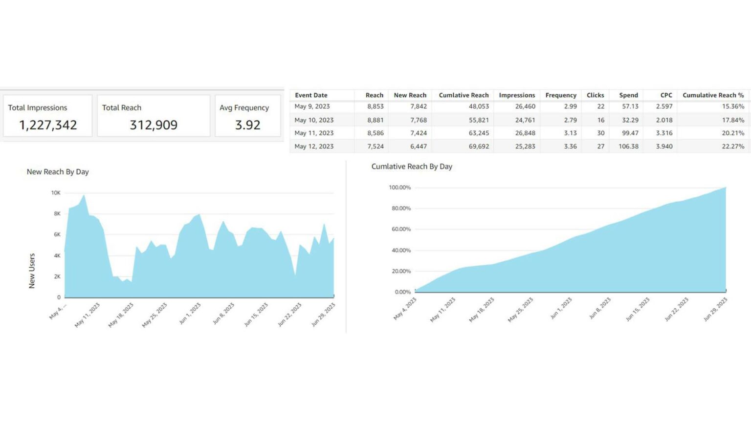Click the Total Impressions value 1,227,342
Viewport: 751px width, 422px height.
(x=48, y=125)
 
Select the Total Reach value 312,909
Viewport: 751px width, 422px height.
(x=154, y=125)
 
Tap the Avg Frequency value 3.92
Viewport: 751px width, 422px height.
(x=247, y=125)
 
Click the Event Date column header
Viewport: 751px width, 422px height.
(x=311, y=95)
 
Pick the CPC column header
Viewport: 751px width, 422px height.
(x=666, y=95)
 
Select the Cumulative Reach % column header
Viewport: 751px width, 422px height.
(x=713, y=95)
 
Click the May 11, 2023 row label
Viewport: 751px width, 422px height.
(x=314, y=133)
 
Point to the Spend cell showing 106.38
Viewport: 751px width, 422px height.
(x=628, y=146)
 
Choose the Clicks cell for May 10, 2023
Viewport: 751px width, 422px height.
(x=600, y=120)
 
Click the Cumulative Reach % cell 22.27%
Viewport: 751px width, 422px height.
(x=733, y=146)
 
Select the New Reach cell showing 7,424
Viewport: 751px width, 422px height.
(x=419, y=133)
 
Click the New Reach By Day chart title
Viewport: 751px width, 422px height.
(x=58, y=172)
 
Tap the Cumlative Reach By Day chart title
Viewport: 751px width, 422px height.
(x=412, y=167)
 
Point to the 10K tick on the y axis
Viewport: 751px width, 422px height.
(x=56, y=193)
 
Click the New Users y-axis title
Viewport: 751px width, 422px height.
(x=32, y=271)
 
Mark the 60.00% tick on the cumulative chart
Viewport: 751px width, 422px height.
(x=400, y=229)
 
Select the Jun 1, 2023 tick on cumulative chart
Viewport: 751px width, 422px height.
(x=561, y=309)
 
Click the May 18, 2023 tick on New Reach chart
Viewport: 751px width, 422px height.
(x=121, y=315)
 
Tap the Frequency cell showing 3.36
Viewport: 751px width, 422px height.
(x=570, y=146)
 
